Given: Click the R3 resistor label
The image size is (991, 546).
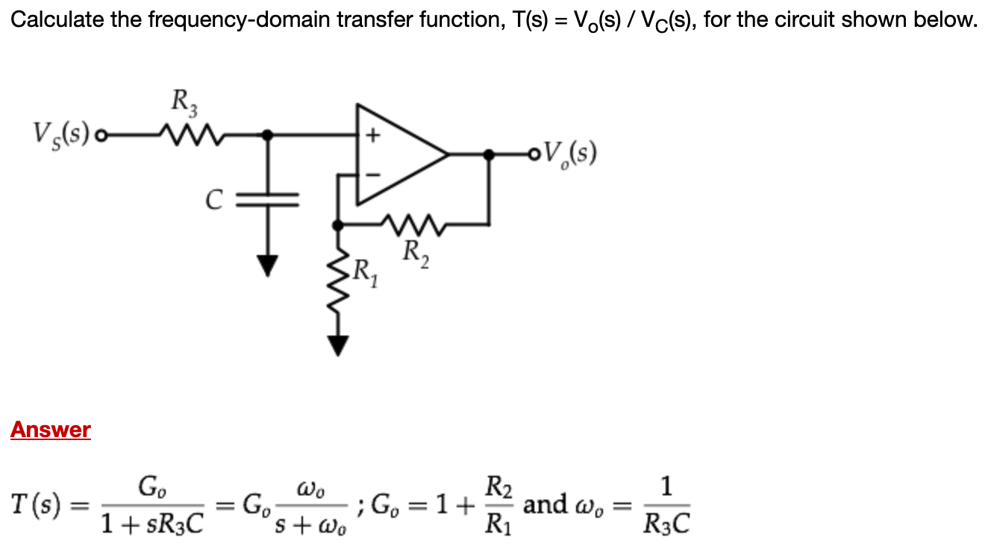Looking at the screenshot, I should [x=183, y=100].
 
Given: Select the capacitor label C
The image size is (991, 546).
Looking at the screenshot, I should [x=213, y=198].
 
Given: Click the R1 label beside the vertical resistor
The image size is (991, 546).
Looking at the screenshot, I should [x=366, y=269].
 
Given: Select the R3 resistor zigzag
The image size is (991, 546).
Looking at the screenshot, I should [x=181, y=135].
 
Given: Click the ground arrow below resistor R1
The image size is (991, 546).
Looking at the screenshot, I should [x=340, y=344].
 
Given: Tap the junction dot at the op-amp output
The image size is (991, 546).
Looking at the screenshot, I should [x=489, y=154].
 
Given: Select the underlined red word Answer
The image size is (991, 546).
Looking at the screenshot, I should [x=51, y=430].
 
